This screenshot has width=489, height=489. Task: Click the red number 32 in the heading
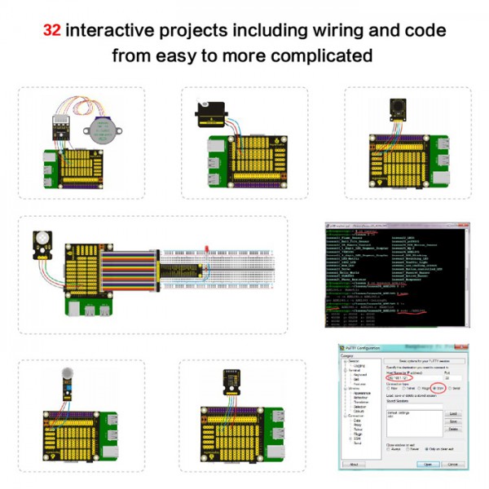[x=52, y=31]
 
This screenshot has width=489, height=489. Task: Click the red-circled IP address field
[x=400, y=379]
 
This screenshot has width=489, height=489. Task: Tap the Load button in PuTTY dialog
[x=453, y=415]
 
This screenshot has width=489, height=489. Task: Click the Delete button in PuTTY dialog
[x=453, y=430]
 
